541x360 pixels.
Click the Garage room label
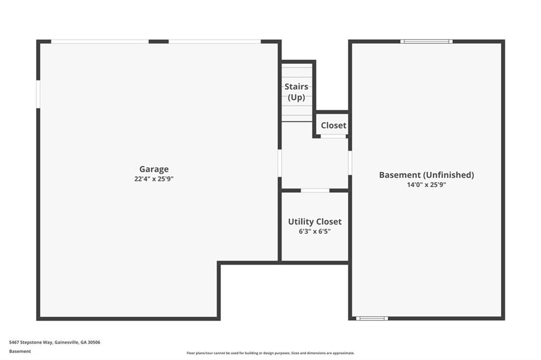pos(154,169)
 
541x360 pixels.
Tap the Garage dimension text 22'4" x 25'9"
pos(154,179)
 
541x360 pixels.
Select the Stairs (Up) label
pos(296,92)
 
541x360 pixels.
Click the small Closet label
pos(333,126)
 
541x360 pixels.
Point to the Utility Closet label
pos(314,222)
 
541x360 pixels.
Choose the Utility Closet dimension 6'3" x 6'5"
pos(314,232)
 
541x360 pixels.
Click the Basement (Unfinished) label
pos(426,175)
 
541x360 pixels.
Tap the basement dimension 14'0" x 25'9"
pos(426,185)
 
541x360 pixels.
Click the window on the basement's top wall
pos(426,41)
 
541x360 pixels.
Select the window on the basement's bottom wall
pos(372,318)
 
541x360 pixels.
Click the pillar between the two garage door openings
pos(158,41)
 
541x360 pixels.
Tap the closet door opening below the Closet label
pos(333,136)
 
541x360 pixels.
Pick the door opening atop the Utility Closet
pos(315,190)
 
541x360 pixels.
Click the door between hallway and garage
pos(279,163)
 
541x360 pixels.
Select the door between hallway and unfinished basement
pos(350,163)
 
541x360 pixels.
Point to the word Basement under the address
pos(20,351)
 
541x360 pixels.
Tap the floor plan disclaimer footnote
pos(270,353)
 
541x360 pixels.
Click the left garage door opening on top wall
pos(100,41)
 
